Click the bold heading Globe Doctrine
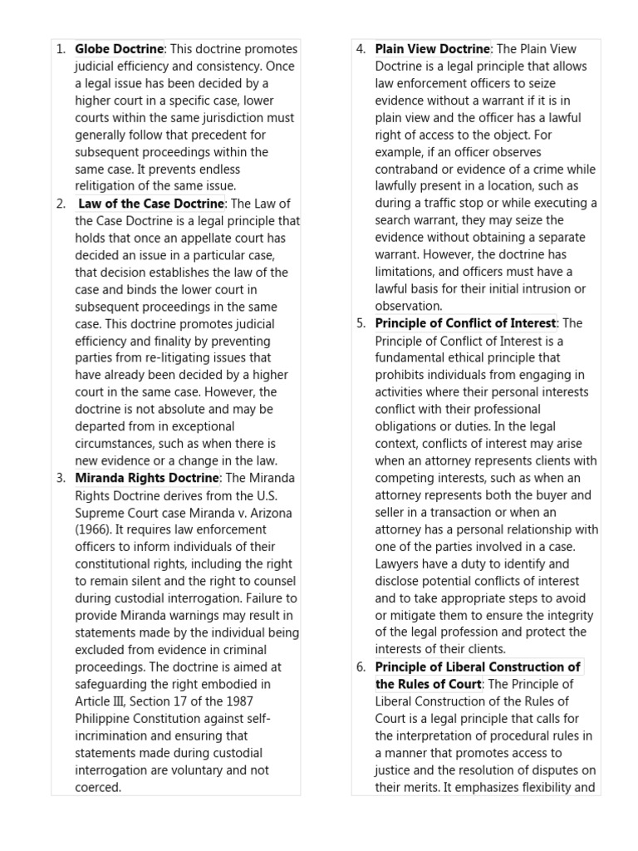[x=119, y=49]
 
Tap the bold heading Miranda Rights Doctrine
[x=147, y=478]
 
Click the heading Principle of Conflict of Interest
[x=465, y=323]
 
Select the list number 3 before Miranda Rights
[x=61, y=478]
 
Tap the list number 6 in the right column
[x=361, y=667]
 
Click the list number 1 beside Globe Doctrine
[x=61, y=49]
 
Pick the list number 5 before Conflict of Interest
[x=361, y=323]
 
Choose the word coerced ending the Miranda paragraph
[x=98, y=787]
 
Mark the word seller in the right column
[x=392, y=513]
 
